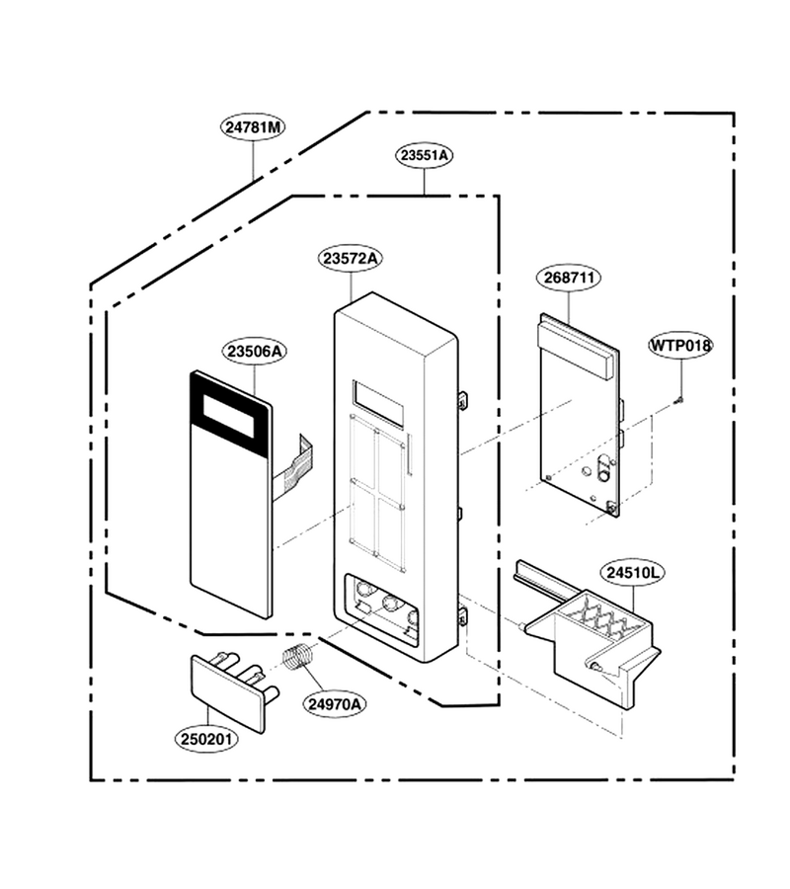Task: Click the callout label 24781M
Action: (253, 127)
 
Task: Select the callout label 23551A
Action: (424, 155)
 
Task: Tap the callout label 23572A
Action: (351, 259)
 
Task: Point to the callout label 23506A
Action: (255, 352)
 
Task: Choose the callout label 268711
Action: (569, 278)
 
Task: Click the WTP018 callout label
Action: (680, 346)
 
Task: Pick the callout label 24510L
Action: (634, 573)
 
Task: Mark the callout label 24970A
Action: (335, 704)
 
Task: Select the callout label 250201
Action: (206, 739)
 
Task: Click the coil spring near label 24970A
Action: (298, 658)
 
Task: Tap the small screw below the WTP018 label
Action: (679, 400)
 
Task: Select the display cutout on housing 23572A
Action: (378, 401)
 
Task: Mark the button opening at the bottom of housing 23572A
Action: (381, 608)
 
